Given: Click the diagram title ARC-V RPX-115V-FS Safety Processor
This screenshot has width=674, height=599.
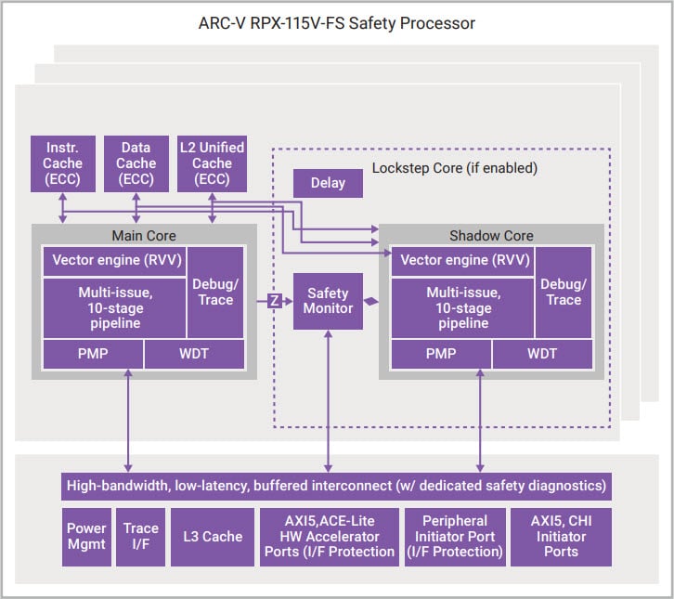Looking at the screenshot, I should click(x=337, y=23).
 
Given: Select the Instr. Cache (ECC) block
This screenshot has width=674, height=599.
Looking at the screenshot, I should click(x=62, y=163).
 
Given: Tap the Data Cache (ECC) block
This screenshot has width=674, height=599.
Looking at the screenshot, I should click(x=136, y=163).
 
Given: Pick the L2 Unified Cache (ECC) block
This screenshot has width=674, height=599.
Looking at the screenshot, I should click(x=212, y=163).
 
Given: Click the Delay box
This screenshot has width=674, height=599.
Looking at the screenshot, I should click(x=328, y=183).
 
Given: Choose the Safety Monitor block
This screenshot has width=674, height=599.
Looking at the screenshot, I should click(x=328, y=301).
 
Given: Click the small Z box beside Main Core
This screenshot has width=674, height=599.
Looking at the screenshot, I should click(x=275, y=300).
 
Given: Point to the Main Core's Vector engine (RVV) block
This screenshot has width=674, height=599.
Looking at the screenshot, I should click(x=115, y=260).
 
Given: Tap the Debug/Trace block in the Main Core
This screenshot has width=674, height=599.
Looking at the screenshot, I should click(x=215, y=292).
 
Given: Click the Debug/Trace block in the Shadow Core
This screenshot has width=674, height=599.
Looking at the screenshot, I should click(x=564, y=292).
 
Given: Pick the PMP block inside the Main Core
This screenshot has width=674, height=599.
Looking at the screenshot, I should click(x=93, y=353).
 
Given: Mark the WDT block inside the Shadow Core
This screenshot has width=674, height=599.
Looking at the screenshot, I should click(x=542, y=353).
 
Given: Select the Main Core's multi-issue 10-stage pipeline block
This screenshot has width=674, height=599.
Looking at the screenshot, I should click(x=115, y=306).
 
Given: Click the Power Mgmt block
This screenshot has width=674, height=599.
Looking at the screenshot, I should click(x=86, y=537).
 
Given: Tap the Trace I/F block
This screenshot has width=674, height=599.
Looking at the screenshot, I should click(x=141, y=537).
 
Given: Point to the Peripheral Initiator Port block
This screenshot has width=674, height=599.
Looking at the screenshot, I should click(x=455, y=537).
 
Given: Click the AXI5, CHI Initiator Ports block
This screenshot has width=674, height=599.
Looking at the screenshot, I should click(x=561, y=537).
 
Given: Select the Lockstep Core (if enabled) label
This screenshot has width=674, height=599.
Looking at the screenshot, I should click(x=454, y=168).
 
